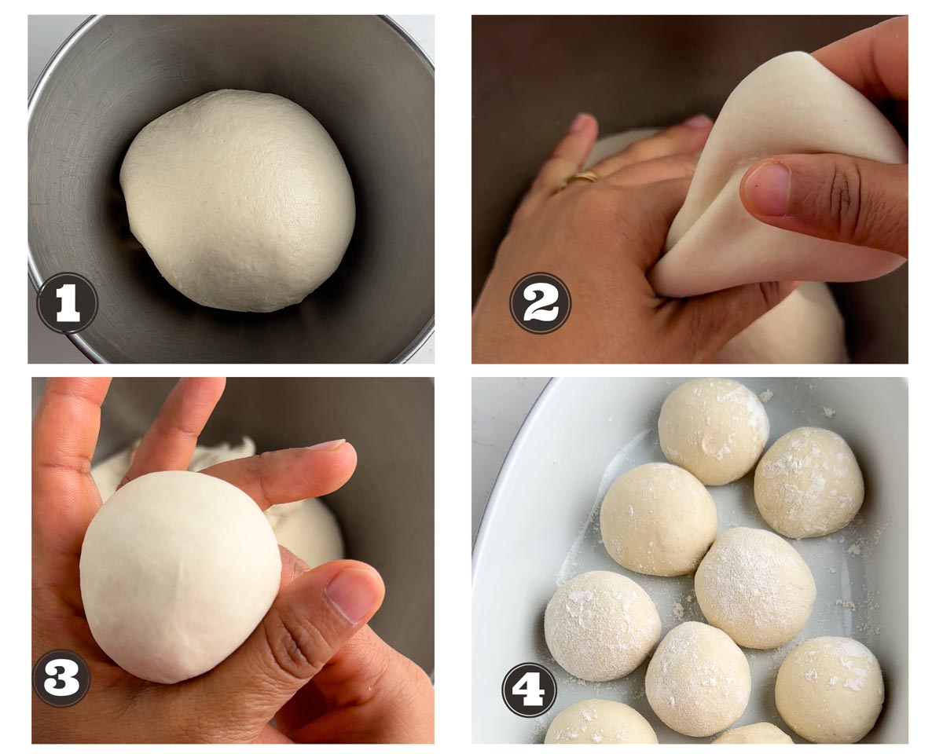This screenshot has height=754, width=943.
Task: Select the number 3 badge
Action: click(61, 679)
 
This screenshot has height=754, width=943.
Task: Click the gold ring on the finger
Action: click(582, 178)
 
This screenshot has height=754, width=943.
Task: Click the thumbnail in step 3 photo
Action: click(350, 598)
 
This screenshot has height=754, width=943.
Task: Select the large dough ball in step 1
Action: click(238, 200)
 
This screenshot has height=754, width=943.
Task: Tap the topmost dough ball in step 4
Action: click(714, 431)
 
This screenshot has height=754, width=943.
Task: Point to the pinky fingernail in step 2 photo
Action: click(579, 122)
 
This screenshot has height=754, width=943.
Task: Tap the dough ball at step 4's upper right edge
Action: click(809, 483)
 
